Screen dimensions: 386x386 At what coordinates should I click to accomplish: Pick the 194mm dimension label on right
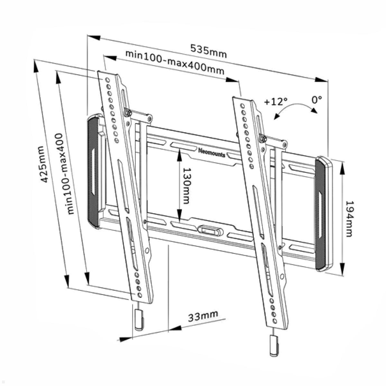[x=349, y=219]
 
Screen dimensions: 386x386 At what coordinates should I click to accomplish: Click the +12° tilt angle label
[x=276, y=102]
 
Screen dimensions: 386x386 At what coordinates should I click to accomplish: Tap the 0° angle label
[x=317, y=99]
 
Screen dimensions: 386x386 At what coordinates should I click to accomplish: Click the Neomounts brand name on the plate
[x=212, y=152]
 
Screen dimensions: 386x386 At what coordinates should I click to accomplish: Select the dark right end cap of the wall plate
[x=322, y=214]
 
